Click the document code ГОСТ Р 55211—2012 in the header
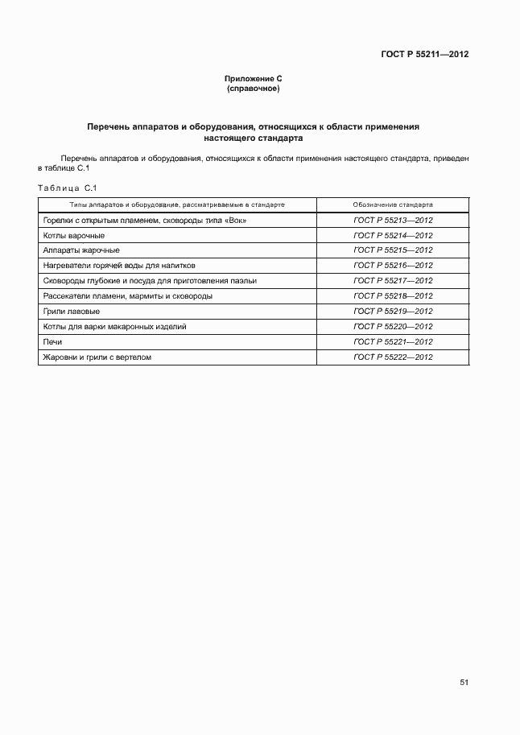tap(424, 55)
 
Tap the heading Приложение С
tap(254, 79)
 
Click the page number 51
tap(464, 682)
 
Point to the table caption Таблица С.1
tap(67, 188)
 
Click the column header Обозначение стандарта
tap(393, 205)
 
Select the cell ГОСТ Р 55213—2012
tap(393, 221)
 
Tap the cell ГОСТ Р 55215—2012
tap(393, 250)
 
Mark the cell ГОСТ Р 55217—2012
tap(393, 281)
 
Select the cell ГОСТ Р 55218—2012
tap(393, 296)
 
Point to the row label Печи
tap(52, 342)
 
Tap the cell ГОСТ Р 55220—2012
tap(393, 327)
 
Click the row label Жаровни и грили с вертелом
tap(97, 357)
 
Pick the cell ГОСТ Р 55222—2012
tap(393, 357)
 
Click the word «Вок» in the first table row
tap(234, 221)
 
